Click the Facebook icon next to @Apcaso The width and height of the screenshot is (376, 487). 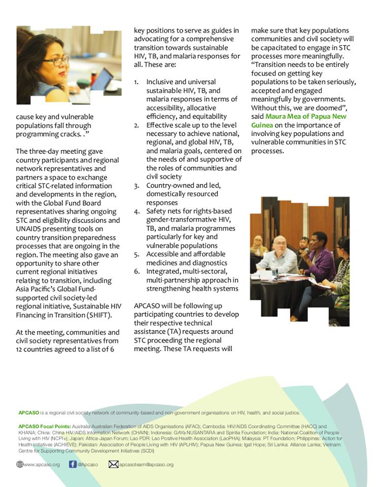click(73, 464)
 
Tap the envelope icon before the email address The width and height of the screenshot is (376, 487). click(113, 464)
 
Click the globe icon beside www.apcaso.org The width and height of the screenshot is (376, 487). click(20, 464)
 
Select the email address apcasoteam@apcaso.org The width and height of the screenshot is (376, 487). click(146, 464)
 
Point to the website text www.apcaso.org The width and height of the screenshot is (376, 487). click(42, 464)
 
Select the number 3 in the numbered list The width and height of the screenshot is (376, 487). click(136, 185)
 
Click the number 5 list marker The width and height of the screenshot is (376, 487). click(136, 254)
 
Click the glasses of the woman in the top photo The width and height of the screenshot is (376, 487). click(56, 61)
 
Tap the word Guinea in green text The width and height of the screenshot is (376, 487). click(262, 125)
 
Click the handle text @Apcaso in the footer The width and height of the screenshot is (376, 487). click(88, 464)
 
